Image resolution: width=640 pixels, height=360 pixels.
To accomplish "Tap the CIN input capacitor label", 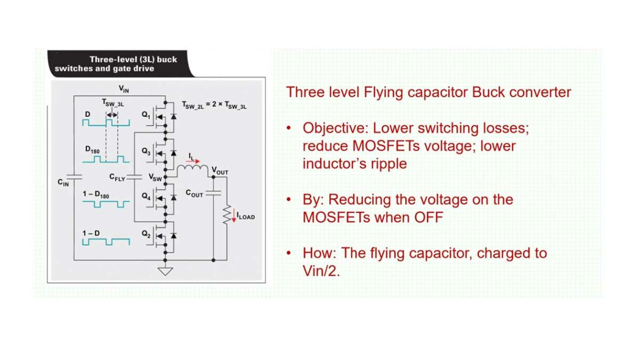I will click(x=63, y=182).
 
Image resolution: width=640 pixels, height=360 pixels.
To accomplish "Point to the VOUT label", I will click(x=220, y=170).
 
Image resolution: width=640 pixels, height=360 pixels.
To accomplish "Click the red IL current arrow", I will click(x=193, y=161).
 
